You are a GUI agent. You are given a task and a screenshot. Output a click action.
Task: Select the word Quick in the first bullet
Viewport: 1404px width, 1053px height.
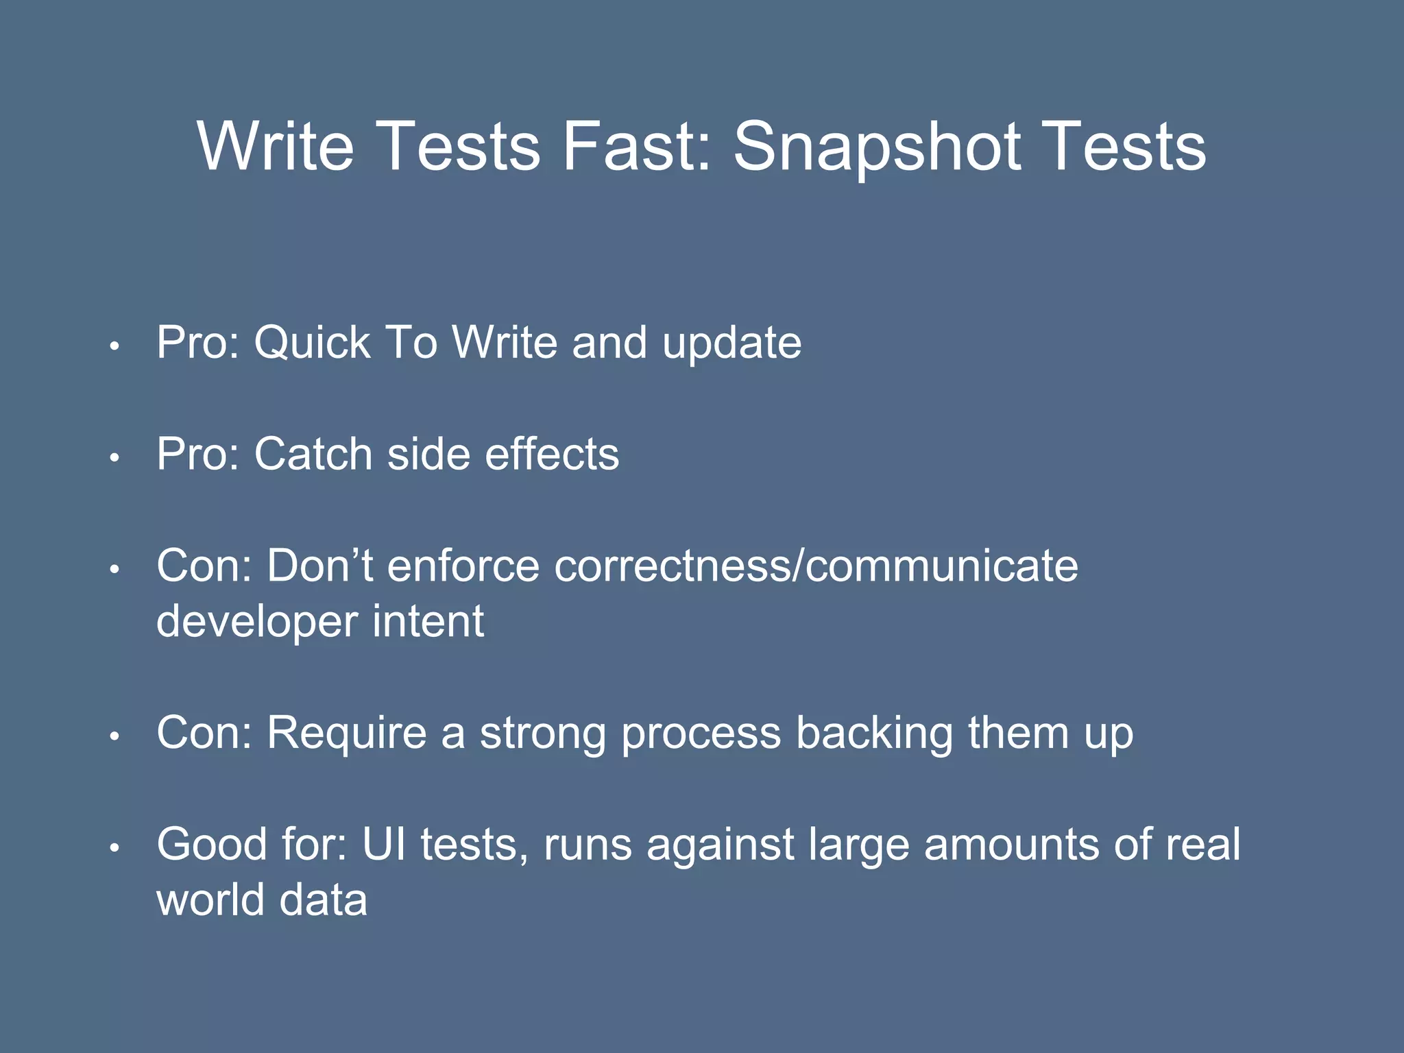(312, 343)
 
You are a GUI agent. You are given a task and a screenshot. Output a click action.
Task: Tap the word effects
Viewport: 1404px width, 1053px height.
(551, 454)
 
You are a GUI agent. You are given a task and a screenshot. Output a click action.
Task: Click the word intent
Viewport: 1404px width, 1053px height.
(428, 621)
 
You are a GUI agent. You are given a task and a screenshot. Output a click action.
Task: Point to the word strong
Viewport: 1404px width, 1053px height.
(542, 734)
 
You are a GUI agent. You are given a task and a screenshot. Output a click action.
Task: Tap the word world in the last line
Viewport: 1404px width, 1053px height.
(210, 900)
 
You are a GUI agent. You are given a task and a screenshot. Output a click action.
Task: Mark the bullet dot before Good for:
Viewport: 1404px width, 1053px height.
(114, 849)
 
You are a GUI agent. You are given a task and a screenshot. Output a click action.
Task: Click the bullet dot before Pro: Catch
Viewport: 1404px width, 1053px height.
(114, 458)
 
